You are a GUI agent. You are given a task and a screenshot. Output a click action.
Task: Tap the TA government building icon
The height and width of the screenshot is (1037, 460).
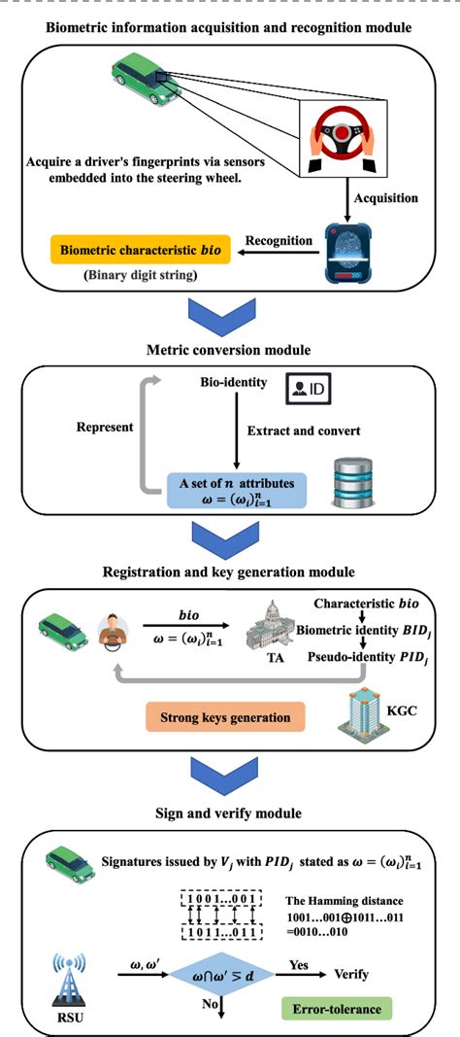tap(260, 633)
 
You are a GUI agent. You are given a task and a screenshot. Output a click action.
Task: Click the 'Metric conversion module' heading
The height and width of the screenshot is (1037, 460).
tap(228, 348)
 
